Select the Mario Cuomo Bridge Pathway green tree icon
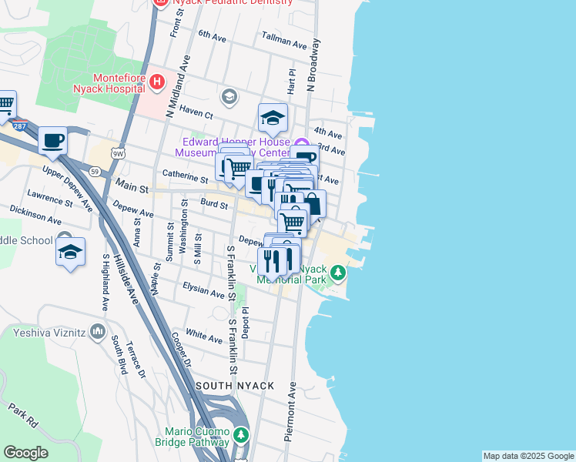tap(241, 435)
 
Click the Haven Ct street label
tap(195, 112)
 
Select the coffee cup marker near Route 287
tap(52, 140)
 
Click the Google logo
tap(25, 453)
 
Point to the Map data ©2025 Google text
tap(528, 456)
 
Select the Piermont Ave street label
tap(290, 413)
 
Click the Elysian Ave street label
tap(203, 290)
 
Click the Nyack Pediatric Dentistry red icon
tap(160, 2)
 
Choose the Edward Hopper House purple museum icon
tap(301, 143)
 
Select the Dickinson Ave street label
tap(35, 214)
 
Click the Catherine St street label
tap(185, 176)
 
